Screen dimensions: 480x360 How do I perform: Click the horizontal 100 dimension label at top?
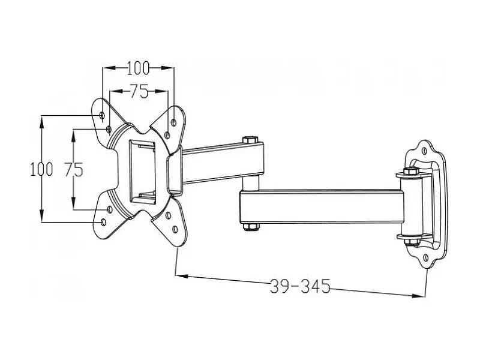pos(138,68)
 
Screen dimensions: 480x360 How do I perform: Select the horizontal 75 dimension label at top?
pos(139,91)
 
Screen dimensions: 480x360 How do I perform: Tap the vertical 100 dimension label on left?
pos(41,169)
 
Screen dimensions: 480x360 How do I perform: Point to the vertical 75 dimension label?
pos(74,169)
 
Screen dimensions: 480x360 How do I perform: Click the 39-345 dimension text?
pos(300,287)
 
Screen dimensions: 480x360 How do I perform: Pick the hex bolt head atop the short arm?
pos(250,140)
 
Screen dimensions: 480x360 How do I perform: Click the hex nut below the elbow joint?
pos(251,227)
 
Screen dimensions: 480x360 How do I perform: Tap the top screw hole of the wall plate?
pos(424,151)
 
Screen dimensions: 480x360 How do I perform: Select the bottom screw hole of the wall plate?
pos(426,258)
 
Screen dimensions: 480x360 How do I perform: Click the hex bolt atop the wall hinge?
pos(411,171)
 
